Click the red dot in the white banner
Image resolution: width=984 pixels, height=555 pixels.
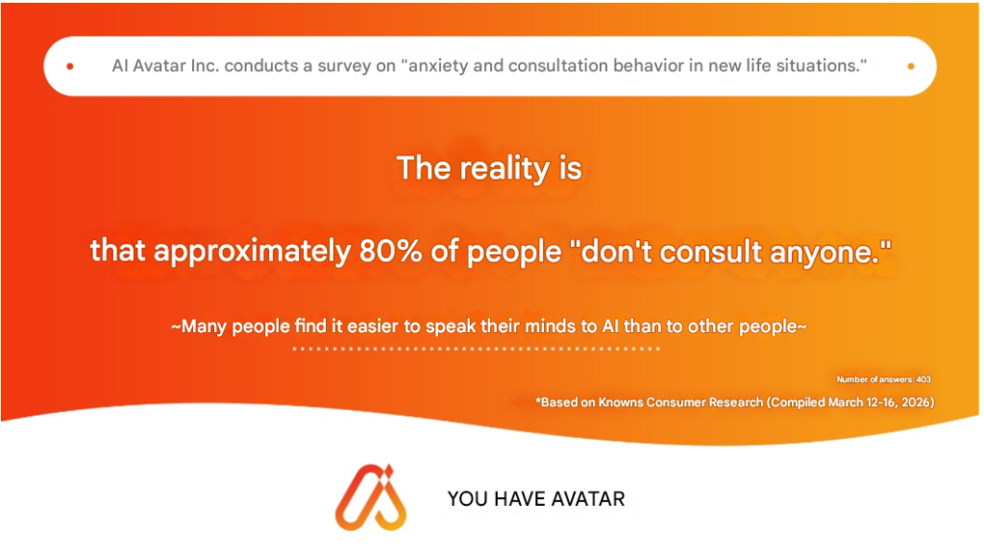point(70,66)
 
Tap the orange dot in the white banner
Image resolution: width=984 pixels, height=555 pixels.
point(911,66)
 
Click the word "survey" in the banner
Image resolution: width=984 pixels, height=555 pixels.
point(344,66)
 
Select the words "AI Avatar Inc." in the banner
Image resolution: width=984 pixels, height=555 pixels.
point(165,65)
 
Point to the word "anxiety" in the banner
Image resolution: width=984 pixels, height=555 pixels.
point(438,66)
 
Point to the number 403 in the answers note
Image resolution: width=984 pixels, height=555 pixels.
point(923,379)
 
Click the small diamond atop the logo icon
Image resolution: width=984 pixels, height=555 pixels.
point(389,471)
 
